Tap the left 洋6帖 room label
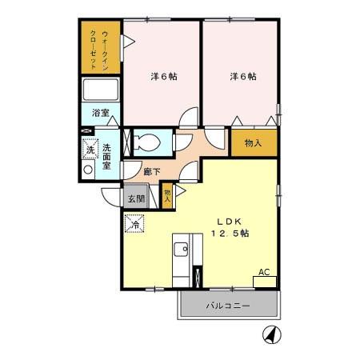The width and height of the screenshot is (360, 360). [165, 77]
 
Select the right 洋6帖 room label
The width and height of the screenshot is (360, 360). [243, 77]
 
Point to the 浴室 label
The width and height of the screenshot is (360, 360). [101, 113]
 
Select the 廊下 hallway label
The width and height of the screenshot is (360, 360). [151, 170]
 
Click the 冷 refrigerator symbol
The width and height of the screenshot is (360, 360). [134, 224]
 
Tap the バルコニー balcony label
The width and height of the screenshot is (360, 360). [230, 306]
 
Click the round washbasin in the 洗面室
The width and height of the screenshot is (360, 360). [88, 169]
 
